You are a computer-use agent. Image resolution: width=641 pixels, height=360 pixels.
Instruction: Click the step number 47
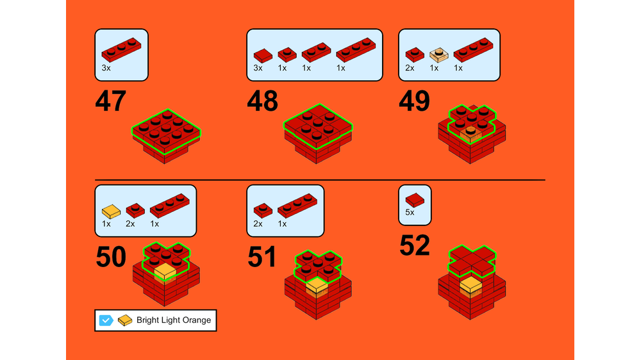click(x=110, y=101)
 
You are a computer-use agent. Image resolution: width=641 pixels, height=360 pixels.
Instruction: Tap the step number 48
click(x=262, y=101)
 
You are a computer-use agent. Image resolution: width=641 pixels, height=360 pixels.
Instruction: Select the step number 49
click(x=414, y=101)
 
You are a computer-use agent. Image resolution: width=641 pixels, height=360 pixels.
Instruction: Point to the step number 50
click(x=110, y=257)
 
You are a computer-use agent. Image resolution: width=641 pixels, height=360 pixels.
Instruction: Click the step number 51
click(x=262, y=257)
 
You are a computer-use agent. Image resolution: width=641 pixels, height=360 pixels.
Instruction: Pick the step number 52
click(x=415, y=245)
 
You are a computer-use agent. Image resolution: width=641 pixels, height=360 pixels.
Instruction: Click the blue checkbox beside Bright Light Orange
click(x=106, y=320)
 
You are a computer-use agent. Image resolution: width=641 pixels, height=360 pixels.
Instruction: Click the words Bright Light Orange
click(x=174, y=320)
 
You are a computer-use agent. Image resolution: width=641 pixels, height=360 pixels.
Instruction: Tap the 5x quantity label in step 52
click(x=410, y=213)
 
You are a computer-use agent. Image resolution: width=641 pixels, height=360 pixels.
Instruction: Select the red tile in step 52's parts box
click(x=415, y=200)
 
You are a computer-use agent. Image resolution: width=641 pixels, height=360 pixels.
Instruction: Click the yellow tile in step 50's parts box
click(x=111, y=211)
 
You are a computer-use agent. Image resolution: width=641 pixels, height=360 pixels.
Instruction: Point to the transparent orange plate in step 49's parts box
click(x=439, y=55)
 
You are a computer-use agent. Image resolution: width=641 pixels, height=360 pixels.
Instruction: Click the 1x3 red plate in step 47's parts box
click(x=121, y=50)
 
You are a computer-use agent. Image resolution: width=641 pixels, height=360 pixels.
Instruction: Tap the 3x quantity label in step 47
click(x=106, y=69)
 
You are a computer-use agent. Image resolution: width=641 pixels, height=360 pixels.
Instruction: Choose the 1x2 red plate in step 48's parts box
click(x=317, y=53)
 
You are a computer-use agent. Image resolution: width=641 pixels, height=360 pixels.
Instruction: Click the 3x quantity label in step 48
click(x=258, y=69)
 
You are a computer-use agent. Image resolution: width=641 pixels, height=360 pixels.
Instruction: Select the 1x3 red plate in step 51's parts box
click(x=297, y=206)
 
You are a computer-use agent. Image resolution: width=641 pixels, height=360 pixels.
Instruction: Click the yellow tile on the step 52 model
click(x=471, y=285)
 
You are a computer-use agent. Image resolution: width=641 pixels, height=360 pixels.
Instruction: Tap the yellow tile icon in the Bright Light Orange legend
click(x=125, y=320)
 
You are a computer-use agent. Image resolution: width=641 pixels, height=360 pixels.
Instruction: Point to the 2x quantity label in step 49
click(x=410, y=69)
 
